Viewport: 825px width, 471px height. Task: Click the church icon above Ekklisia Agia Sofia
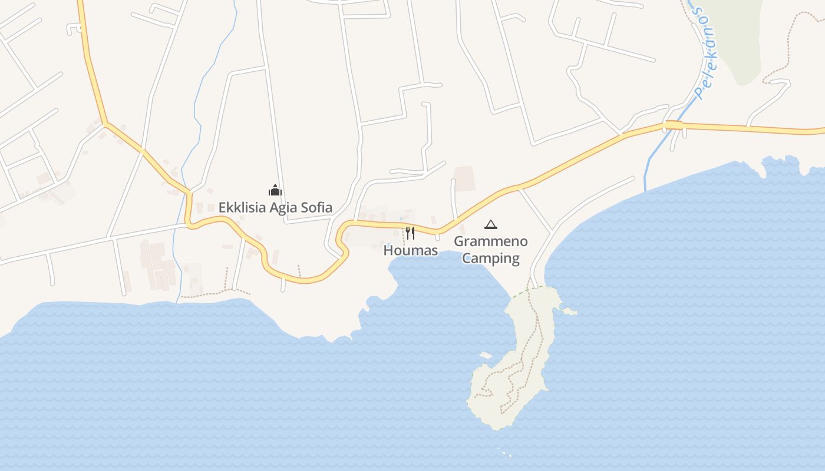pos(275,190)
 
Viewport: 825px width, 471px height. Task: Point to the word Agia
pos(285,208)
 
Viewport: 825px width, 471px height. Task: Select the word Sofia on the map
pos(318,208)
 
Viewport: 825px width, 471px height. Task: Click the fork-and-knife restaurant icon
pos(410,233)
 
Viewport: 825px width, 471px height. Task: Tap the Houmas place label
pos(411,251)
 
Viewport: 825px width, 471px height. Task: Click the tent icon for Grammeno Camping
pos(490,224)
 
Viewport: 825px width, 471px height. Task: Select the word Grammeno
pos(491,241)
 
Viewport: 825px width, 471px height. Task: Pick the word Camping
pos(491,258)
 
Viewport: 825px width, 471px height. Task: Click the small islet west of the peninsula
pos(486,356)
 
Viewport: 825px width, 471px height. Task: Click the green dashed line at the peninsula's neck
pos(519,293)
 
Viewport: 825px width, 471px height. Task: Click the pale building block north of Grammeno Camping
pos(465,178)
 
